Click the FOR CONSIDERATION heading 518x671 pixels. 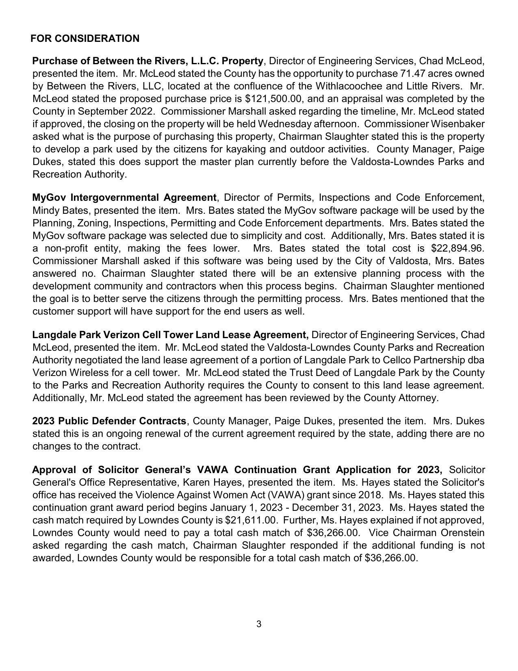[x=85, y=39]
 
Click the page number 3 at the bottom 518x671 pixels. [x=259, y=624]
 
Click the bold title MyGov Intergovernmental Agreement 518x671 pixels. [x=124, y=198]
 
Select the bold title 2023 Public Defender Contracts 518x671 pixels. [x=109, y=421]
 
